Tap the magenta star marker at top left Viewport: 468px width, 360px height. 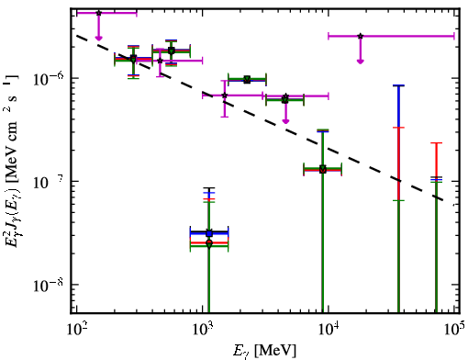(98, 13)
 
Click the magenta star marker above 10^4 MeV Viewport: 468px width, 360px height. (361, 36)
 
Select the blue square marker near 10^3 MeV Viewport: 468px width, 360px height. (209, 234)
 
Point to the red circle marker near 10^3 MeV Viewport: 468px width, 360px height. (209, 243)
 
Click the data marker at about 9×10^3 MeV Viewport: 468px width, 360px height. (323, 170)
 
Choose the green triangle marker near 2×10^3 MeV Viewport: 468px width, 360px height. (247, 80)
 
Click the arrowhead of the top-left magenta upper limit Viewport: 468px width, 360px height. (98, 38)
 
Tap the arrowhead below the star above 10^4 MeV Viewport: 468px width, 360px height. (361, 62)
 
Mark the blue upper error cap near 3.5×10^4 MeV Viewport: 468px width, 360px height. (398, 85)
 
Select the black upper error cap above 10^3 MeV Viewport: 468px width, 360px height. (209, 187)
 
